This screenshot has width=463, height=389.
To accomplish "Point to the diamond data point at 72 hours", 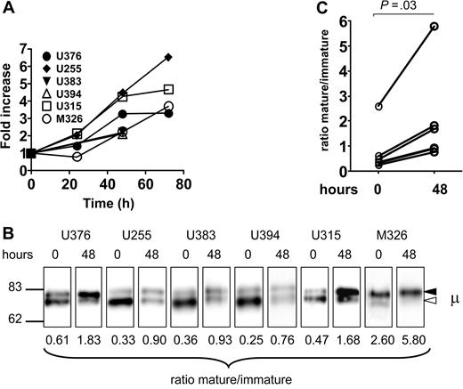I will point(168,57).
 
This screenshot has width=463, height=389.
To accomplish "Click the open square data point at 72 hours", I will point(168,89).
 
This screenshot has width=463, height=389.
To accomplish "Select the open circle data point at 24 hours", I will point(77,157).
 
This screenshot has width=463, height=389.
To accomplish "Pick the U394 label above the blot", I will point(252,238).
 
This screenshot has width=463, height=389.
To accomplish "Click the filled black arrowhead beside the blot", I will point(430,292).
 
